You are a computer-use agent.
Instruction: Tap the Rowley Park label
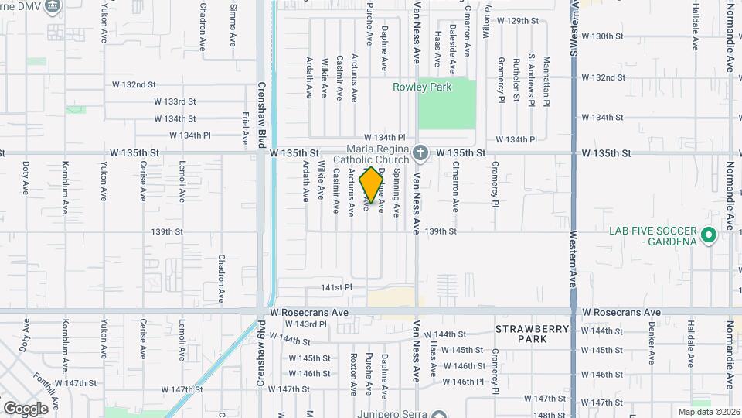click(422, 87)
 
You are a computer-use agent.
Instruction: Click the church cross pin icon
click(420, 152)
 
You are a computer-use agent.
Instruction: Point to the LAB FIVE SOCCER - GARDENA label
click(648, 236)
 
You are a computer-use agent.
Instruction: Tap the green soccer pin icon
click(707, 234)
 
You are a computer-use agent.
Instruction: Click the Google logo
click(26, 408)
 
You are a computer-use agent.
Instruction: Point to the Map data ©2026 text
click(709, 412)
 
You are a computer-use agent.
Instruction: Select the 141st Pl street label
click(337, 287)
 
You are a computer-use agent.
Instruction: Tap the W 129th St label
click(516, 21)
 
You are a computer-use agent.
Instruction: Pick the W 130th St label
click(602, 36)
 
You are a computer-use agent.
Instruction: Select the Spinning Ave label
click(397, 192)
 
